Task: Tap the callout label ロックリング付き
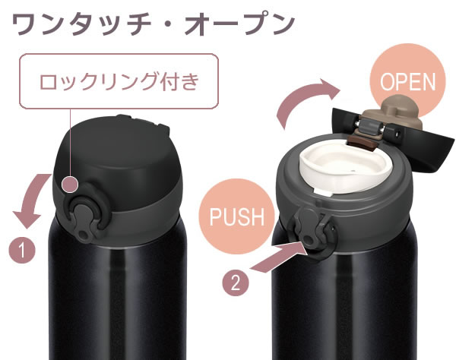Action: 119,81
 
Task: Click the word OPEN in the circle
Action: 407,81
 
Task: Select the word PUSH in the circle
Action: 236,216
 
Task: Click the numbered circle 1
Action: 22,250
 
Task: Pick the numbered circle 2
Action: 236,283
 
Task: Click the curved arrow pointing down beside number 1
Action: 32,201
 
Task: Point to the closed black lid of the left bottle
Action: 116,157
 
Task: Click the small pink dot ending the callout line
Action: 70,185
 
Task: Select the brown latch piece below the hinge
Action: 362,143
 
